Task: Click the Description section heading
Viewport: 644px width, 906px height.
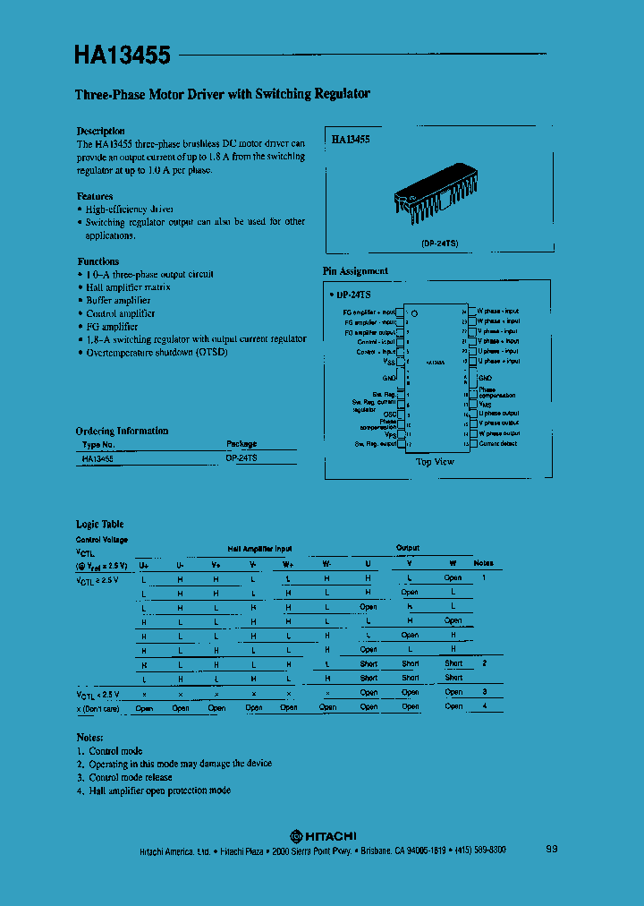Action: (x=101, y=131)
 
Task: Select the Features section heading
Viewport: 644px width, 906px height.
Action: (x=95, y=196)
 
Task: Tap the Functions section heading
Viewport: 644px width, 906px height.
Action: (x=98, y=261)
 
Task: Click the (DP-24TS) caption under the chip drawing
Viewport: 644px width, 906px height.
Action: (x=440, y=244)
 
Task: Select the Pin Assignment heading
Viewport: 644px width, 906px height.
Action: (x=355, y=270)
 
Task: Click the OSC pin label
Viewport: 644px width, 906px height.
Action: (x=390, y=414)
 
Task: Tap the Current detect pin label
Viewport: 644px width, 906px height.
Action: (x=499, y=443)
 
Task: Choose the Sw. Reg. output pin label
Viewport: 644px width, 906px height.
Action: (x=376, y=444)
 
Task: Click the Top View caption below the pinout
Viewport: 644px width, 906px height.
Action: (x=436, y=462)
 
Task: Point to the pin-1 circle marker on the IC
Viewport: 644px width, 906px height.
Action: (x=415, y=312)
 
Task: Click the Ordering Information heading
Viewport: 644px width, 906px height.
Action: (x=122, y=431)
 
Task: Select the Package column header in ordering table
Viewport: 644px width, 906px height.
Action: (x=241, y=444)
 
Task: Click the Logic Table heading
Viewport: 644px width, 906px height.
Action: (x=100, y=524)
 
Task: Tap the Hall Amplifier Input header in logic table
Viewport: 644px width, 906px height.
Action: (x=259, y=549)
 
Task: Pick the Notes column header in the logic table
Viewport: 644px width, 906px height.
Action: (x=483, y=563)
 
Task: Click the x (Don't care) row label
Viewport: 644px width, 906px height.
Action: (x=99, y=708)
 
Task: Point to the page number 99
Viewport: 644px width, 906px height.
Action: (x=552, y=849)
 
